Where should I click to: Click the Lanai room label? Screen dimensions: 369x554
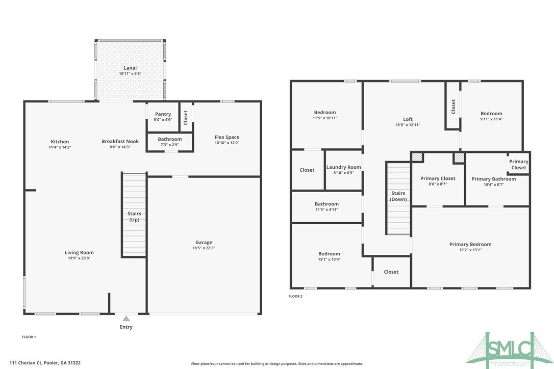pos(130,68)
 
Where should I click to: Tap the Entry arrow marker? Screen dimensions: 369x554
pos(126,319)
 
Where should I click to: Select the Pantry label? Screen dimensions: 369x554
pos(163,114)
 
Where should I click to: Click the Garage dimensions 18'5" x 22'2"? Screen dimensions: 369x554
pos(204,248)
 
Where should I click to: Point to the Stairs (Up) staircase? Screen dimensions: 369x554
pos(134,214)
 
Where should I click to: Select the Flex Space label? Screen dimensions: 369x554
pos(226,137)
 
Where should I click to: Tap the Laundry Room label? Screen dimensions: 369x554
pos(343,167)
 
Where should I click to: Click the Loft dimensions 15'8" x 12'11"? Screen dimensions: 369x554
pos(408,125)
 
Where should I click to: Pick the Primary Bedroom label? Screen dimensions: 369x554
pos(470,245)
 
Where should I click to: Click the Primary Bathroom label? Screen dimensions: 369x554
pos(493,179)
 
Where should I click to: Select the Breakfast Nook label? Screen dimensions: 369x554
pos(120,141)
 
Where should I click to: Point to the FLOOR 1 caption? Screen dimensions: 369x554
pos(29,337)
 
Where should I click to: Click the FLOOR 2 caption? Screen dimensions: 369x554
pos(295,296)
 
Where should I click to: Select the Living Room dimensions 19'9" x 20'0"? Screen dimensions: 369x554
pos(79,258)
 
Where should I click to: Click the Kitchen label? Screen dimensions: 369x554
pos(60,142)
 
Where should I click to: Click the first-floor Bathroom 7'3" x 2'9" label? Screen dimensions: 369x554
pos(169,139)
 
